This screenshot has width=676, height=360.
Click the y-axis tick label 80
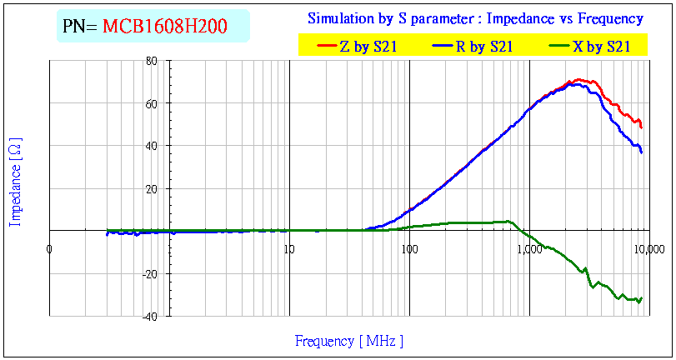point(152,61)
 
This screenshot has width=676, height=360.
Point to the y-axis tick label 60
point(152,103)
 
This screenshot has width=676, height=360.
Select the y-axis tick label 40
point(152,146)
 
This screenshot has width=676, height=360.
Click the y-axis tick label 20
point(152,188)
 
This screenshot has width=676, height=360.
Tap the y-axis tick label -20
point(150,273)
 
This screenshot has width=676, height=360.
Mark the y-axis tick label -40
point(150,316)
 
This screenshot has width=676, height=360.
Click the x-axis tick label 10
point(288,249)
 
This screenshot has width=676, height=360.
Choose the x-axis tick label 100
point(408,249)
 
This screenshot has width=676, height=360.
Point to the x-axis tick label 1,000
point(528,249)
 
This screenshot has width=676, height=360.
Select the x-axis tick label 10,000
point(648,249)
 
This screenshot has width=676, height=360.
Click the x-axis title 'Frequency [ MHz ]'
point(349,341)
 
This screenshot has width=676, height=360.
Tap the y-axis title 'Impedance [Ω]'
point(16,182)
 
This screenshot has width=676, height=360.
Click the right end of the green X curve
point(641,298)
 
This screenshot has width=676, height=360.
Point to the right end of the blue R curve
point(641,152)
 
